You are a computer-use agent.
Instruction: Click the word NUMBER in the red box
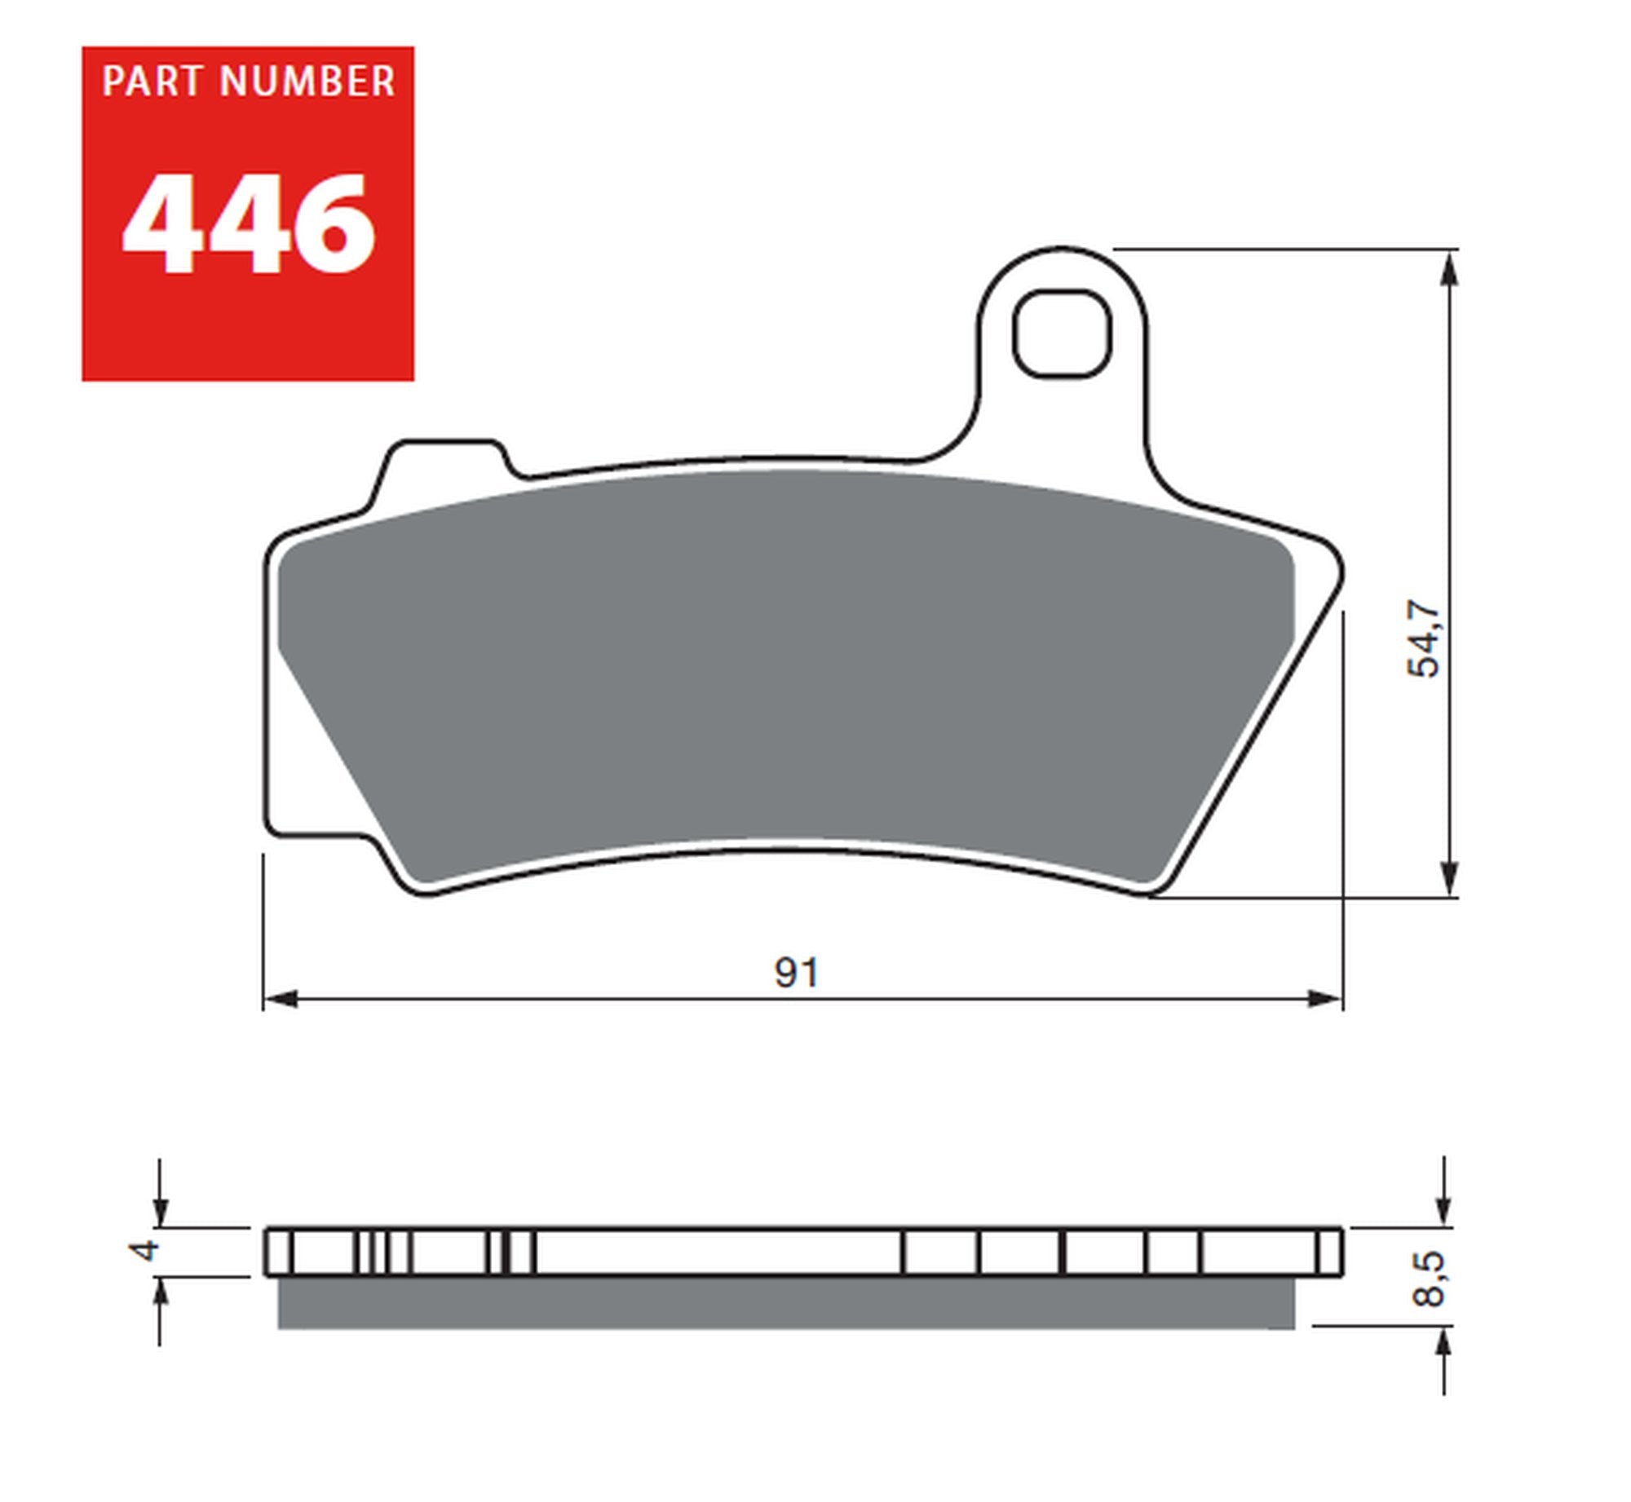[307, 82]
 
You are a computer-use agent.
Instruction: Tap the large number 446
[249, 225]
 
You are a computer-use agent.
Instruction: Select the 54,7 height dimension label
[1424, 639]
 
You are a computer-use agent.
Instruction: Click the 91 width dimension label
[796, 973]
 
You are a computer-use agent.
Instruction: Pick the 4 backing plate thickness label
[146, 1250]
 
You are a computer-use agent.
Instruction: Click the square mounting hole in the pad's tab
[1062, 335]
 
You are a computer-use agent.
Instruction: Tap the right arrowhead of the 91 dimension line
[1324, 999]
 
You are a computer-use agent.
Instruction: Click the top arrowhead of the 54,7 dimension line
[1449, 269]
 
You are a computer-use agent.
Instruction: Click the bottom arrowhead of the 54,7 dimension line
[1449, 878]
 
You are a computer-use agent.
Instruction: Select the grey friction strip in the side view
[785, 1303]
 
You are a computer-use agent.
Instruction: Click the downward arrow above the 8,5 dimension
[1444, 1208]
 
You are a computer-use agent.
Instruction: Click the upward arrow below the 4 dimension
[161, 1297]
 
